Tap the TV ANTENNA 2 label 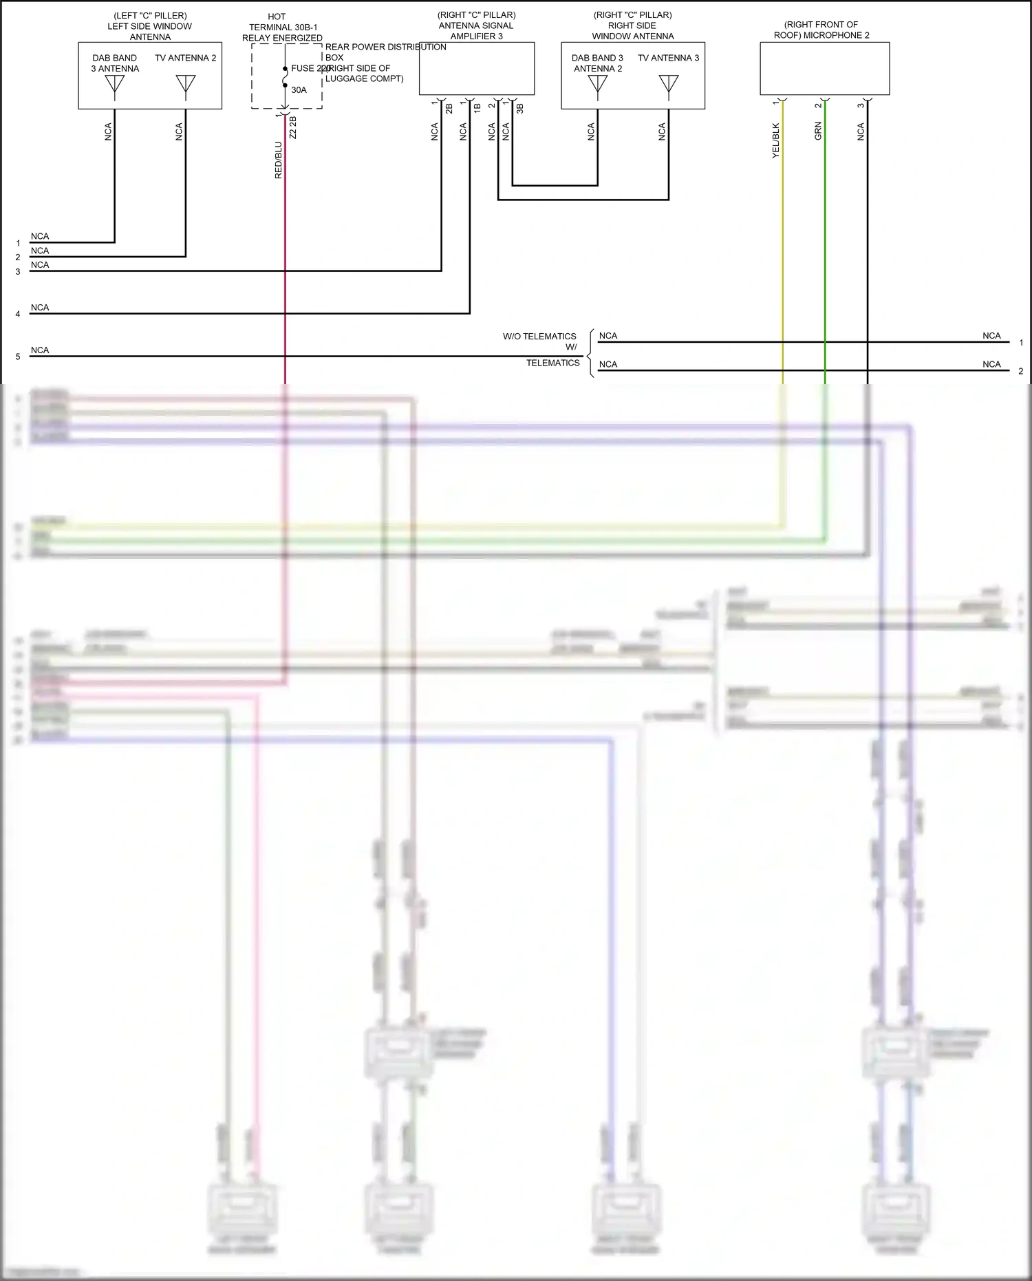pyautogui.click(x=185, y=58)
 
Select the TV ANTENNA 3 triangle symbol pyautogui.click(x=669, y=84)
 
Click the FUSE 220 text pyautogui.click(x=310, y=68)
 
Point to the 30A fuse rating pyautogui.click(x=299, y=90)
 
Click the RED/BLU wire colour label pyautogui.click(x=279, y=160)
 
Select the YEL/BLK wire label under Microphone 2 pyautogui.click(x=776, y=141)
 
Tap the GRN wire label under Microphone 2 pyautogui.click(x=818, y=131)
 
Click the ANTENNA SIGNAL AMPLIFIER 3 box pyautogui.click(x=476, y=69)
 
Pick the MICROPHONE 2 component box pyautogui.click(x=824, y=69)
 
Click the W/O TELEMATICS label pyautogui.click(x=539, y=337)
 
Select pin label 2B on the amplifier pyautogui.click(x=449, y=108)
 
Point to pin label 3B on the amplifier pyautogui.click(x=520, y=108)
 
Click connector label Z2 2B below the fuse pyautogui.click(x=293, y=127)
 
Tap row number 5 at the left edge pyautogui.click(x=18, y=357)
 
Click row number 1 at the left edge pyautogui.click(x=18, y=243)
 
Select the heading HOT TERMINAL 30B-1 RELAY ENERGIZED pyautogui.click(x=281, y=28)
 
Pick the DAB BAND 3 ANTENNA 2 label pyautogui.click(x=597, y=63)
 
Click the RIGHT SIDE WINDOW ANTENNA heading pyautogui.click(x=632, y=25)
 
